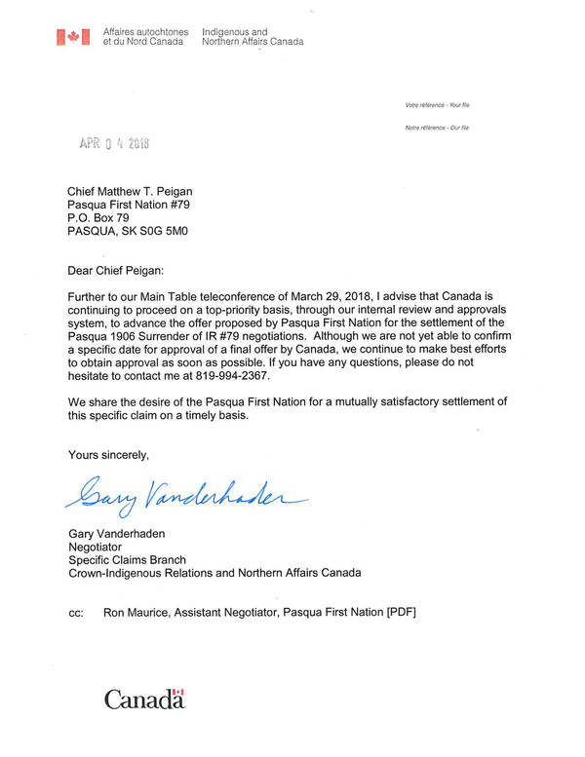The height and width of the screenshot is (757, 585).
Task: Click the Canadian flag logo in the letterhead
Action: pos(72,37)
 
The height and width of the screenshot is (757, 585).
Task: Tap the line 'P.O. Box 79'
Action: pos(97,218)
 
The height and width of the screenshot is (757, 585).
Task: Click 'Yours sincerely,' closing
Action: pos(108,455)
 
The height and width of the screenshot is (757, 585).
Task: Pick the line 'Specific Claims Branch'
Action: pos(126,560)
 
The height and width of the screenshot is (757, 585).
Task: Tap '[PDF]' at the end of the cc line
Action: pos(403,613)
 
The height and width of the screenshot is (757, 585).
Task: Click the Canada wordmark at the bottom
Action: pos(144,699)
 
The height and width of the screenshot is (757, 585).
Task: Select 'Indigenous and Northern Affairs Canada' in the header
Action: pos(252,37)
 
